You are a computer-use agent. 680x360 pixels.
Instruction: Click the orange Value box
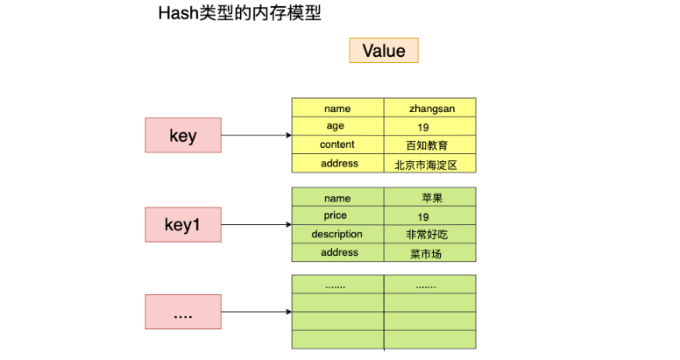point(384,51)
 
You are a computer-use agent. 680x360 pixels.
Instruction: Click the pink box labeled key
point(183,136)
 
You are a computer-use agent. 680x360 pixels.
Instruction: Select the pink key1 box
point(183,225)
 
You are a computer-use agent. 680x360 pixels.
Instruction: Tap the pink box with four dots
point(183,312)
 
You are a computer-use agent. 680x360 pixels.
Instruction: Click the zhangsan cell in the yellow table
point(429,109)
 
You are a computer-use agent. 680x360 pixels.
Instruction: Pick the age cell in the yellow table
point(336,127)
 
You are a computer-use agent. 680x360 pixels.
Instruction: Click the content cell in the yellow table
point(336,145)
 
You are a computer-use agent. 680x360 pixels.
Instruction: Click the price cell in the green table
point(336,215)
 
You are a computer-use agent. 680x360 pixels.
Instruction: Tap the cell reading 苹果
point(430,198)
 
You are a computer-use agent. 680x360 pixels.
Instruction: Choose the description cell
point(336,234)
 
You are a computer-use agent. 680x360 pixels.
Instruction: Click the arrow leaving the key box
point(256,136)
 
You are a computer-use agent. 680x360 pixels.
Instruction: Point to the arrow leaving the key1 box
point(256,225)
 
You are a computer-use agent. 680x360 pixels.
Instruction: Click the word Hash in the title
point(175,14)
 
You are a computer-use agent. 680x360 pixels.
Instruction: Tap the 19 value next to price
point(423,216)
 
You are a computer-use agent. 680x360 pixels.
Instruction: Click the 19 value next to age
point(423,127)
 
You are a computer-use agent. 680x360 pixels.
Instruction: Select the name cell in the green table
point(336,198)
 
